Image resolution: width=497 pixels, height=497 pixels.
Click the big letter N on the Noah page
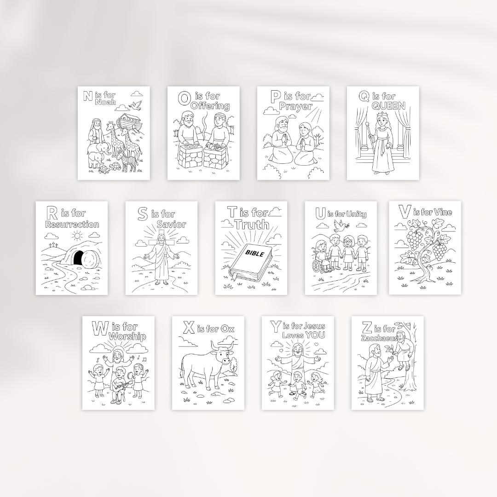tap(87, 96)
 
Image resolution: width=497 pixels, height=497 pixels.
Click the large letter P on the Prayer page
tap(276, 97)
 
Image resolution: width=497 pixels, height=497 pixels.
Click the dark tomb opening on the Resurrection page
tap(79, 258)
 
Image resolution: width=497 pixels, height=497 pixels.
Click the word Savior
tap(171, 225)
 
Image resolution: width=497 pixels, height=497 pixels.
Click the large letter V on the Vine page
tap(405, 212)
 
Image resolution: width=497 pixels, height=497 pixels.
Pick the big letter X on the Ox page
tap(188, 328)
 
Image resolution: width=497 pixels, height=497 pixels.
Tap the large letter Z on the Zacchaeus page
tap(367, 328)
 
